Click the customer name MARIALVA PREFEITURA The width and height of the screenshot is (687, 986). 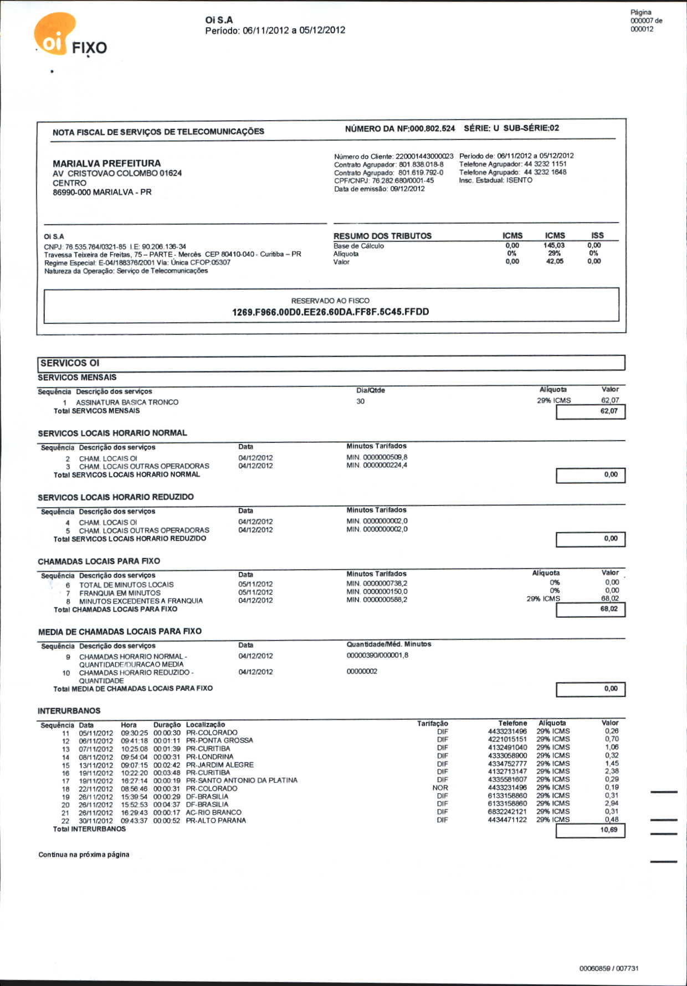[106, 163]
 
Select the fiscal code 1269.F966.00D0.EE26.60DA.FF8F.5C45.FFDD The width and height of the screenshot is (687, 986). [330, 312]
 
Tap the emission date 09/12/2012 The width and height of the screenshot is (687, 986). [407, 189]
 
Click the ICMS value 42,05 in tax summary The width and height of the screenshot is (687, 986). [555, 261]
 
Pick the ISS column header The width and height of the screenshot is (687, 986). [597, 235]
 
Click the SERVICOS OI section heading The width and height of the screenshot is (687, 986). [70, 363]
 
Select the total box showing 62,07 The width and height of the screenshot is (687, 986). [591, 411]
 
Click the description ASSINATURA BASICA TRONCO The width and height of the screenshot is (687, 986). [127, 402]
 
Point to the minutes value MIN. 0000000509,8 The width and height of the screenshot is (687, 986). [377, 457]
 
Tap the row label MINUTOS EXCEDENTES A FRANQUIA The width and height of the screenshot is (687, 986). [141, 601]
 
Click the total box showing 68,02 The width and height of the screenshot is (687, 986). [591, 609]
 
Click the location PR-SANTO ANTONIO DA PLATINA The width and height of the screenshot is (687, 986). [242, 781]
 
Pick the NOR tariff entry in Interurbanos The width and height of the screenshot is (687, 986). [440, 788]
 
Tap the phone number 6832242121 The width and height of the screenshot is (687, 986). [507, 812]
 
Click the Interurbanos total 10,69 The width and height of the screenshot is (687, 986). [591, 830]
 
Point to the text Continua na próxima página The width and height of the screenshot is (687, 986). [84, 855]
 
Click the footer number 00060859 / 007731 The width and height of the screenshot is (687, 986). [609, 968]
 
